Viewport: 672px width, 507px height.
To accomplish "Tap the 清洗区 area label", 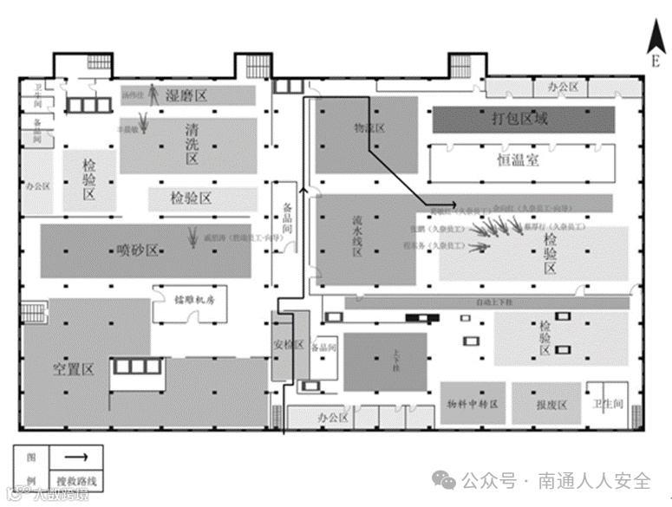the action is [192, 144].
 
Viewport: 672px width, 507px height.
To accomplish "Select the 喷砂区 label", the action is [138, 250].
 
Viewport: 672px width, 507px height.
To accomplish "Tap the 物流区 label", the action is [369, 127].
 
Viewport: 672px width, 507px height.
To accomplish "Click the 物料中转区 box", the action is [472, 405].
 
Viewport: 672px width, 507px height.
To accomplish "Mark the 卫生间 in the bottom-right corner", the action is [604, 404].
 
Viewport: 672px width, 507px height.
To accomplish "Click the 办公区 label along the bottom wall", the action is [332, 418].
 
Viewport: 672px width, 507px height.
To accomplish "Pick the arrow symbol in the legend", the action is [75, 456].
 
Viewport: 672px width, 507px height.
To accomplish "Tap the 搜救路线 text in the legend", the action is [75, 479].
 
